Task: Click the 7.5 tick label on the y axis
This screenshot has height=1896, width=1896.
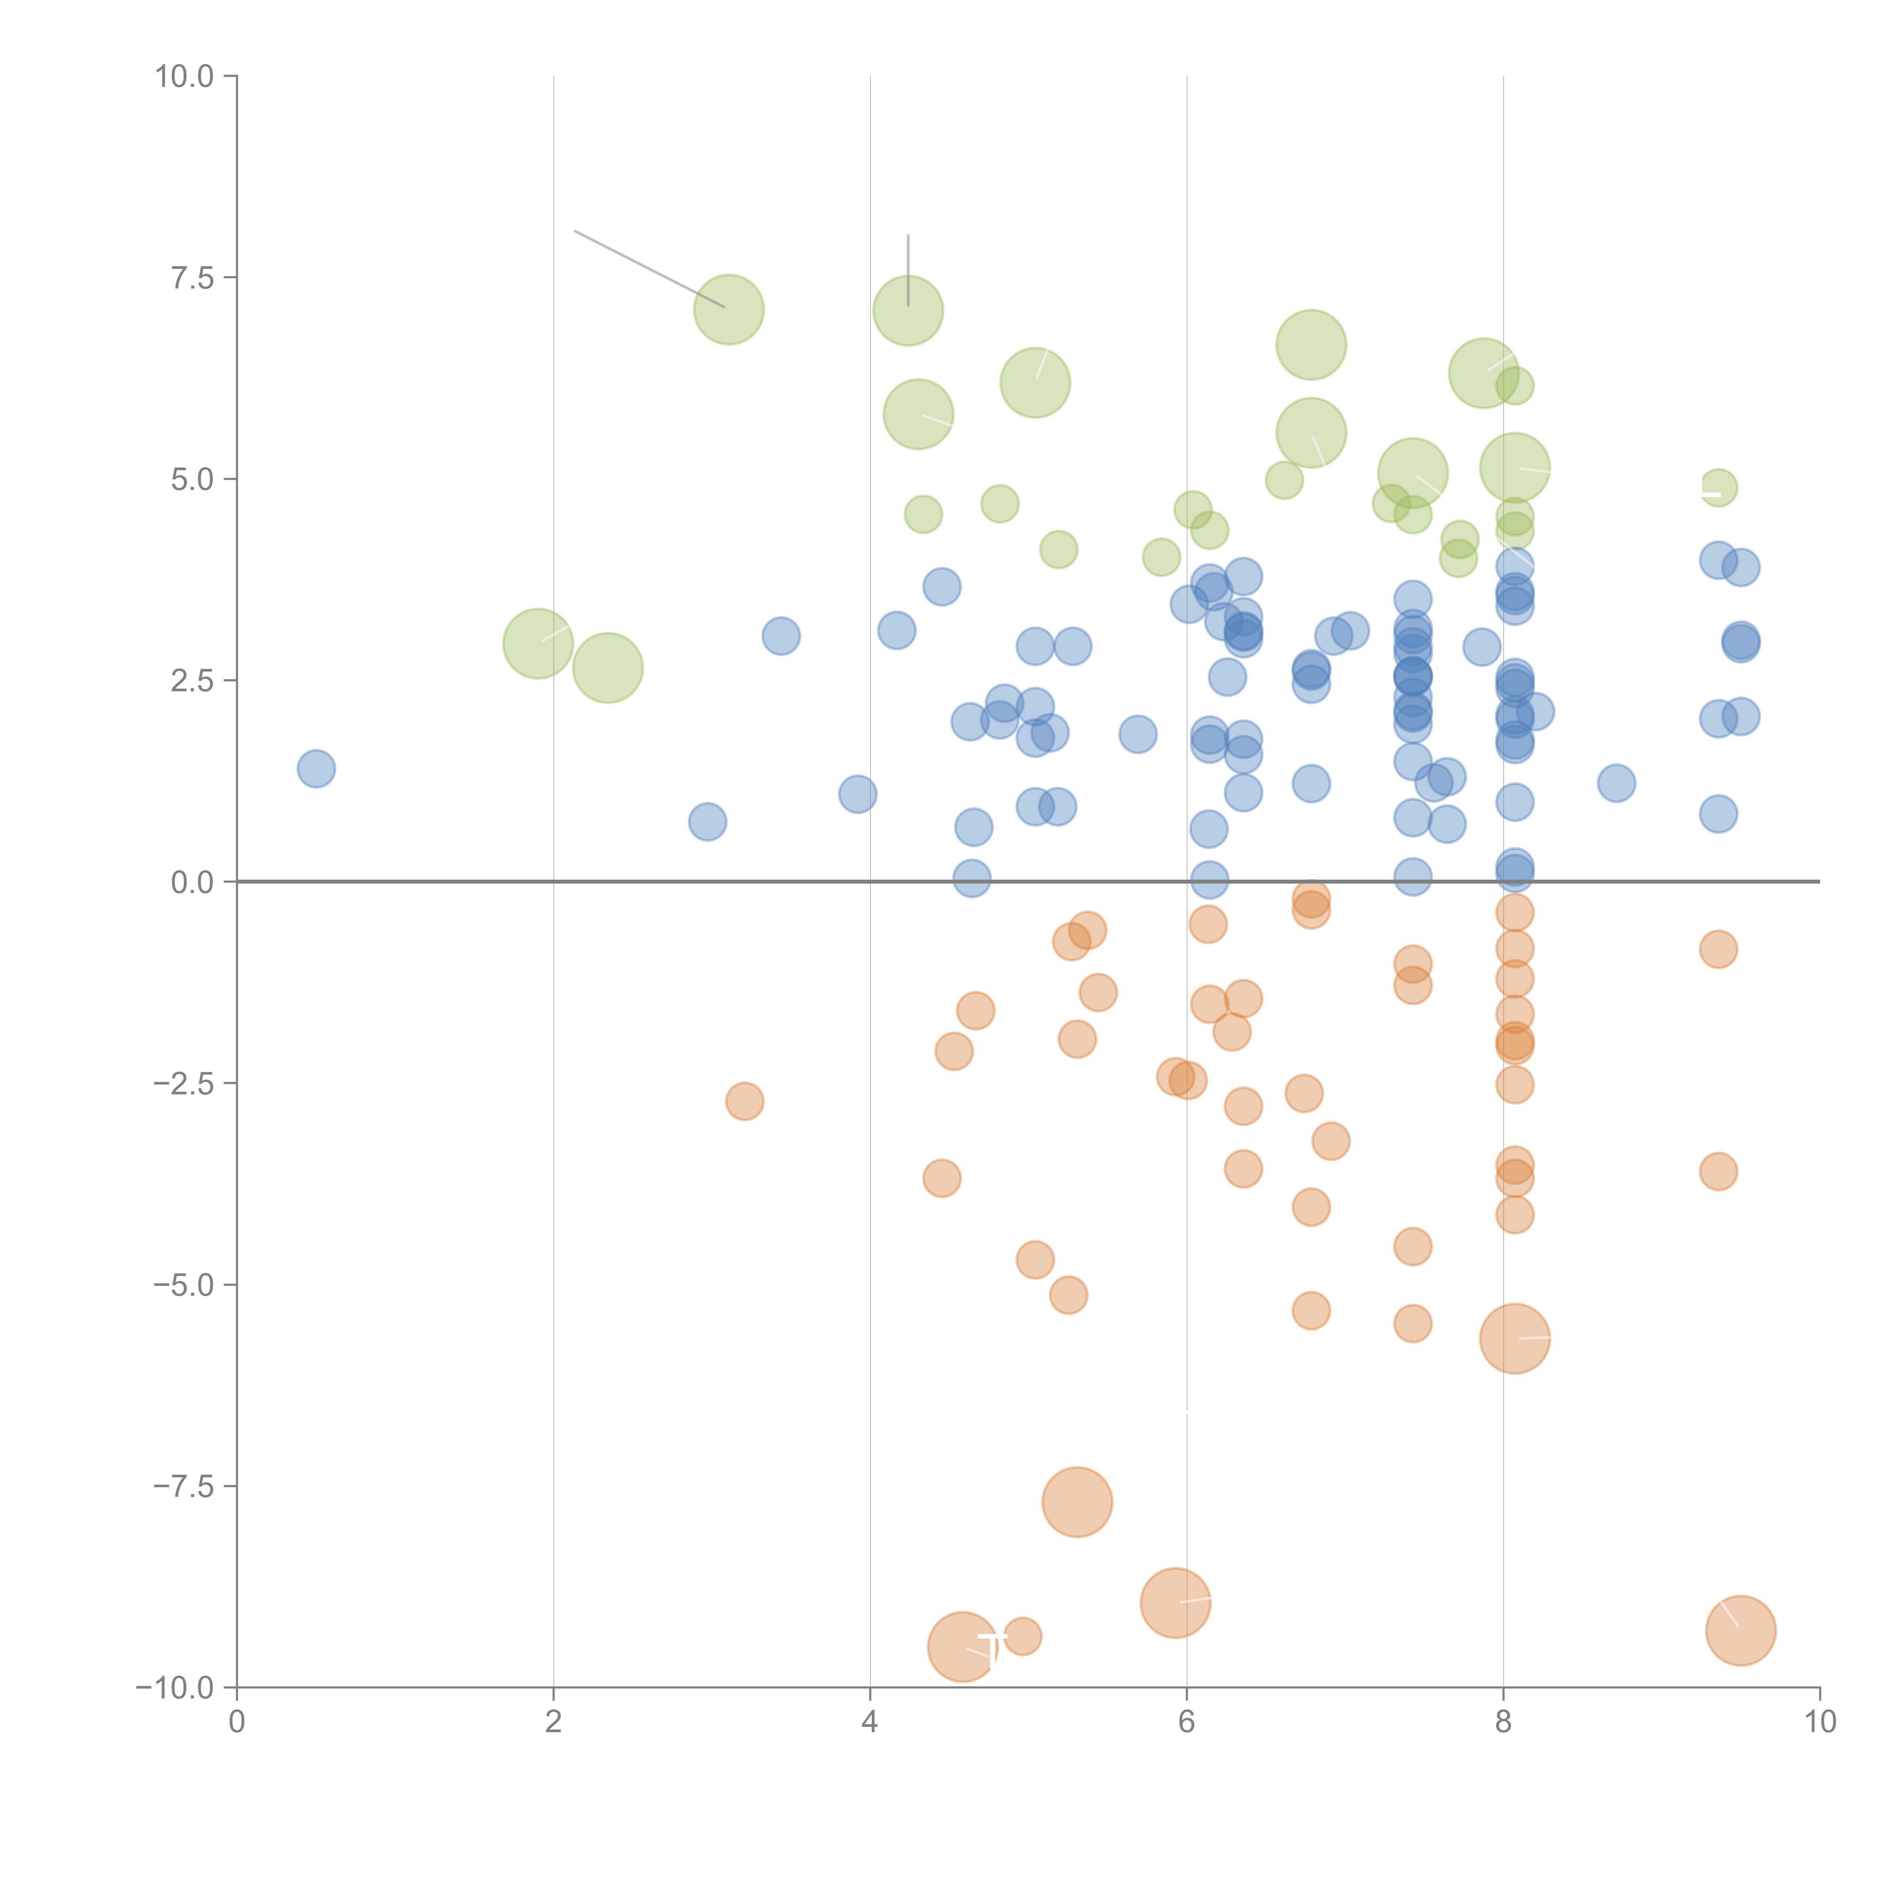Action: (x=191, y=278)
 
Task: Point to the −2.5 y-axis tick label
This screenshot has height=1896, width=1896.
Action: (x=184, y=1083)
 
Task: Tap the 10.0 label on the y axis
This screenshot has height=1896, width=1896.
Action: (x=184, y=77)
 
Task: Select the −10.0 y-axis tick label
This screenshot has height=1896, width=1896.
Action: (x=175, y=1688)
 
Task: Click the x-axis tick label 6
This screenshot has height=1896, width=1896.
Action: (x=1187, y=1722)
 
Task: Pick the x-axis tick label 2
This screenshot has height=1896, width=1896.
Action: (x=554, y=1722)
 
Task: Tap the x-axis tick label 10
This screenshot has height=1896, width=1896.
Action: (x=1819, y=1722)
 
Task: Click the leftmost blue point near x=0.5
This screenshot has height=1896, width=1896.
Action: (x=316, y=768)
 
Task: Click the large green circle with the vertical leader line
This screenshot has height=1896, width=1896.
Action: (x=908, y=311)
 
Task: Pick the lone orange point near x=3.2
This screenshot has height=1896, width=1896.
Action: (x=745, y=1101)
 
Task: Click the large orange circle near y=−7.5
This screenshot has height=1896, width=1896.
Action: (x=1077, y=1502)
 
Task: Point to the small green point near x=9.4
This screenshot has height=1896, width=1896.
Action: (x=1717, y=487)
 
